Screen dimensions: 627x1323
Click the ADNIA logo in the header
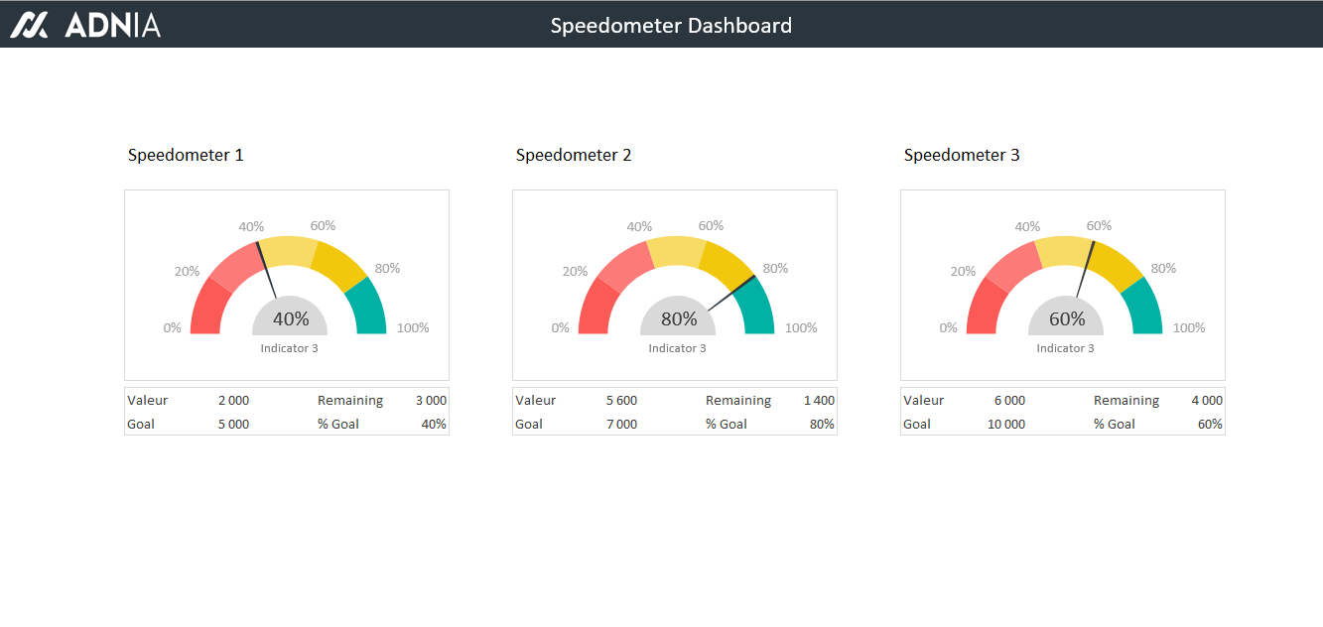(85, 25)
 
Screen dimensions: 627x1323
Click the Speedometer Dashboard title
(671, 26)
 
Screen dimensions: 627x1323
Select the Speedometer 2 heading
(574, 155)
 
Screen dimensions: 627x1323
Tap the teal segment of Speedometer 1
(368, 308)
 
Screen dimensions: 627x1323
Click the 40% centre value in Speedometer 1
(291, 318)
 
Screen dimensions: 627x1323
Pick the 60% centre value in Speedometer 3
(1067, 318)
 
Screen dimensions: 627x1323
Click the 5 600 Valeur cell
(621, 401)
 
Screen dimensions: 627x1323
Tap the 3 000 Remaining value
(431, 401)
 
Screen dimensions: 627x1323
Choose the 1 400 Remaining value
(819, 401)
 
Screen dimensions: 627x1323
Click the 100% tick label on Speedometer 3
(1189, 328)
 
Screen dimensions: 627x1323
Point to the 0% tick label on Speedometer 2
(561, 328)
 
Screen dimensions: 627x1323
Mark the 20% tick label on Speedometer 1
(187, 272)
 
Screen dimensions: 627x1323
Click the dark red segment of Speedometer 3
(981, 310)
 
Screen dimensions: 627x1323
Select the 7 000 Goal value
(621, 425)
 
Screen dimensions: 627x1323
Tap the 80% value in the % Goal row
(822, 425)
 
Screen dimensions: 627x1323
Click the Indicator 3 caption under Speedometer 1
(289, 348)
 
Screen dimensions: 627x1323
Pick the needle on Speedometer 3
(1085, 268)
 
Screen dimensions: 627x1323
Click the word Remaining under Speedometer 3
(1126, 401)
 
